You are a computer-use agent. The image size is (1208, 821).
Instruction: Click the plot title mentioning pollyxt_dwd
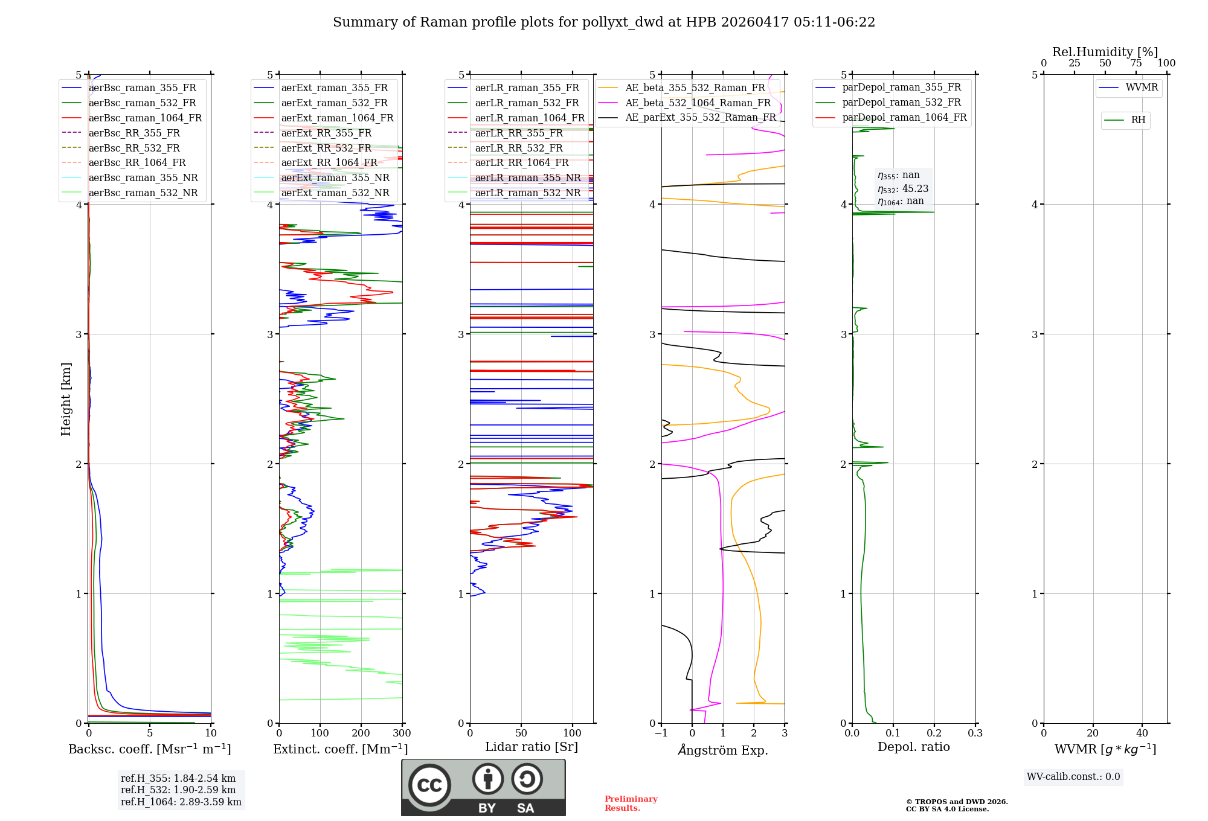tap(603, 22)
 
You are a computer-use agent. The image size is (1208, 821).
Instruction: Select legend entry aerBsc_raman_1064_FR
tap(145, 118)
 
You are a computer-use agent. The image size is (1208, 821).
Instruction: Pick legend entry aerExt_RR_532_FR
tap(326, 148)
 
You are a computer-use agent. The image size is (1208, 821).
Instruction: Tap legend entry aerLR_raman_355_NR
tap(527, 177)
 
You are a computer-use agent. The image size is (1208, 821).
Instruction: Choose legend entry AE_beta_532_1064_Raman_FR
tap(698, 103)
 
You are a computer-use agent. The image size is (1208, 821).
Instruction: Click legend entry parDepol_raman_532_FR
tap(901, 102)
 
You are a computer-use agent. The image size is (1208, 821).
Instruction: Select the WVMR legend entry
tap(1141, 88)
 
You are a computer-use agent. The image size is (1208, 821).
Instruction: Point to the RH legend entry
tap(1138, 120)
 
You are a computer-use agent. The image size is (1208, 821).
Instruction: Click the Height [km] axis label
tap(66, 399)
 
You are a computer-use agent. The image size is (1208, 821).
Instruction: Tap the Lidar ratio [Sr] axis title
tap(531, 747)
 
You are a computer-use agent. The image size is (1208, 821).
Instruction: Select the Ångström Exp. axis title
tap(722, 750)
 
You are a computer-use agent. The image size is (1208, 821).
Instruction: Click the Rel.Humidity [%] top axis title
tap(1105, 52)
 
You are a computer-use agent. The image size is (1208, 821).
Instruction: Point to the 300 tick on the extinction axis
tap(402, 733)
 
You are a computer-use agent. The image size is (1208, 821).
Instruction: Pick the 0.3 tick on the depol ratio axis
tap(975, 733)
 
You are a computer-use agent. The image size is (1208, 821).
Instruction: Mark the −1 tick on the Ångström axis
tap(661, 733)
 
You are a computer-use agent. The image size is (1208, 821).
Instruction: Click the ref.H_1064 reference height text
tap(181, 802)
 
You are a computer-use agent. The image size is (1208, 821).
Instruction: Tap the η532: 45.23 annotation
tap(903, 188)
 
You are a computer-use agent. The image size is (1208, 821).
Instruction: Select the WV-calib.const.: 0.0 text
tap(1073, 777)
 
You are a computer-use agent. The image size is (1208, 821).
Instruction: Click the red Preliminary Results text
tap(631, 803)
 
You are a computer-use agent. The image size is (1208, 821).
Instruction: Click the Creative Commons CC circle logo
tap(429, 785)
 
